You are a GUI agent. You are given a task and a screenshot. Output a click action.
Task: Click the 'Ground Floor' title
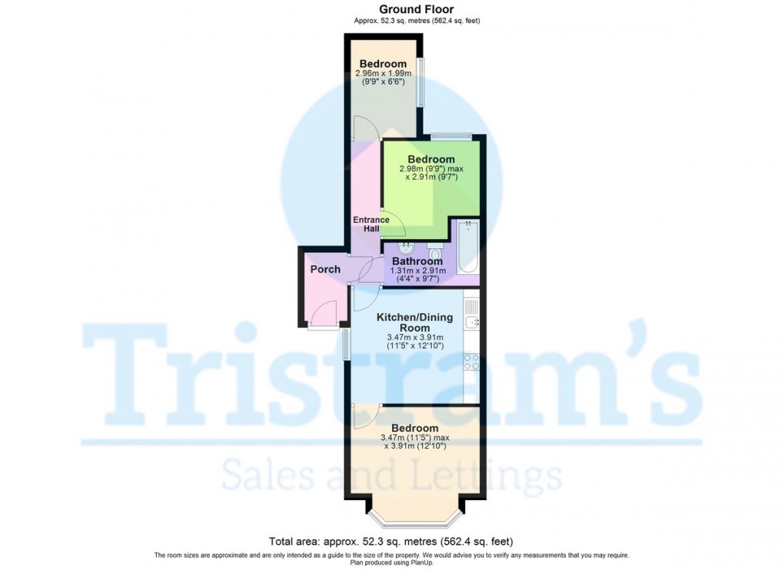point(417,9)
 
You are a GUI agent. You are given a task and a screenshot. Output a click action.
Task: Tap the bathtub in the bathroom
point(468,247)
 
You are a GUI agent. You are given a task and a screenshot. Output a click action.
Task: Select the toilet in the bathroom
point(435,251)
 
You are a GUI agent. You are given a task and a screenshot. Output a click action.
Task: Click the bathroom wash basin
point(405,249)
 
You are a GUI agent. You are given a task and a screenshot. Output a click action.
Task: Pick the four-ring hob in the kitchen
point(471,361)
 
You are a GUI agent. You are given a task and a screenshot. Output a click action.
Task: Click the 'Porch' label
point(325,270)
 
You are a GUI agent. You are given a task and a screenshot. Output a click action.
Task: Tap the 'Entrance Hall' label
point(371,224)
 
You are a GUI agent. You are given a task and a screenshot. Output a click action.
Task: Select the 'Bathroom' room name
point(417,261)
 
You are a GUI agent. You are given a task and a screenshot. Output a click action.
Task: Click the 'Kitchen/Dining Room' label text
point(414,322)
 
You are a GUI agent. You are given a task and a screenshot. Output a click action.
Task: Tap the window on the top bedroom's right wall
point(420,83)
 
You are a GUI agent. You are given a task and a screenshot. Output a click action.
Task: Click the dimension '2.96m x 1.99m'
point(384,74)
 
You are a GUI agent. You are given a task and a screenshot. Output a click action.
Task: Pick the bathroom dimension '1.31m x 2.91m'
point(417,270)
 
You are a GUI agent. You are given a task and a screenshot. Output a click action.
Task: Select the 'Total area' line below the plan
point(391,541)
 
